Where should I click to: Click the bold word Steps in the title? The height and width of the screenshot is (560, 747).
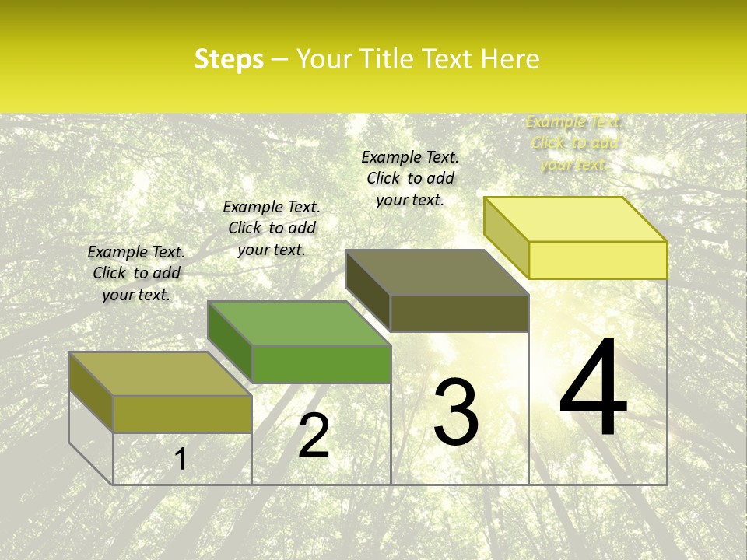pos(229,59)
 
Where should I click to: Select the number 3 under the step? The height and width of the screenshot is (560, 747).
pos(456,412)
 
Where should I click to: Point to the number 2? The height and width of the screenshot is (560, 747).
pos(314,436)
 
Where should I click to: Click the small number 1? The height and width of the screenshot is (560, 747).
pos(181,459)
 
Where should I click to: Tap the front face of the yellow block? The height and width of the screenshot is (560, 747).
pos(598,260)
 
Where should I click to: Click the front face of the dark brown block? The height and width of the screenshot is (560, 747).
pos(459,313)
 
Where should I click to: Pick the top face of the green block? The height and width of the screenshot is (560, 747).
pos(299,324)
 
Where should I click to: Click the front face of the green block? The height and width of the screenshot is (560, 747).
pos(321,364)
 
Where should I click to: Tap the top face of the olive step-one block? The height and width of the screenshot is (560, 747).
pos(160,374)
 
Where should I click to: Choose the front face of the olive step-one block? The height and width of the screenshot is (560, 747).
pos(182,414)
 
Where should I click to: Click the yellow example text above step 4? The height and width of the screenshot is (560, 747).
pos(574,143)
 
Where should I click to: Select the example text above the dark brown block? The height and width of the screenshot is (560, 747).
pos(410,178)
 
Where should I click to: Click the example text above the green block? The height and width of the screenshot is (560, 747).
pos(272,228)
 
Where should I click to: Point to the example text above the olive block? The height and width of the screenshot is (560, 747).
pos(136,273)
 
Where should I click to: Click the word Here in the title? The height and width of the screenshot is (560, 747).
pos(510,59)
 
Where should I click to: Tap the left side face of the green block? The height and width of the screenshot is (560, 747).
pos(230,341)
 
